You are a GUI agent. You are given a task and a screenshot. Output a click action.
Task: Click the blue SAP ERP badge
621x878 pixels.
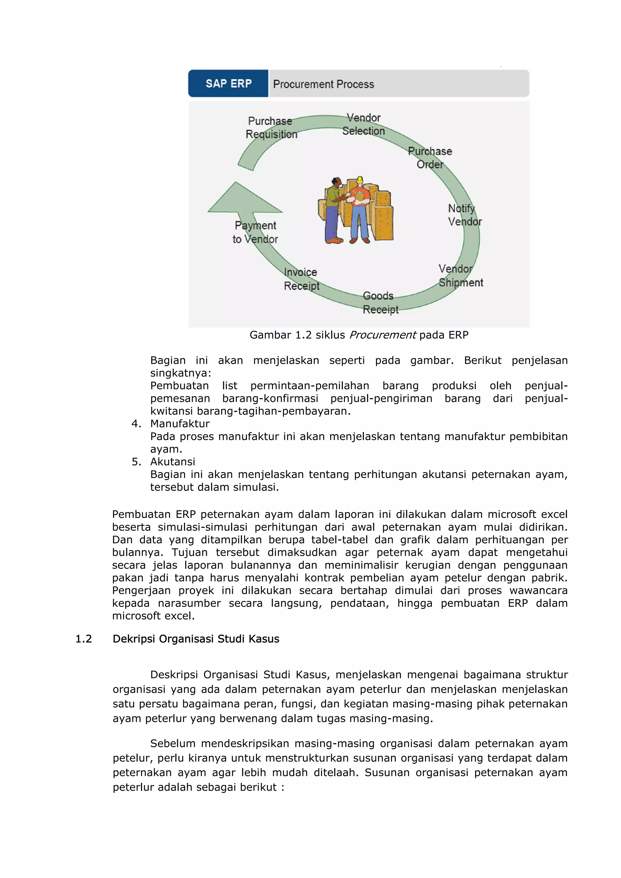coord(228,83)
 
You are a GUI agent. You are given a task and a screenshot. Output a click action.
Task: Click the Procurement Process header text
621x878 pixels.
coord(324,84)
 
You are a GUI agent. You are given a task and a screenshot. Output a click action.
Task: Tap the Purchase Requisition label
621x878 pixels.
coord(271,128)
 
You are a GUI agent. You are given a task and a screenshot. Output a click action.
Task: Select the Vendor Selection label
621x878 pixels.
coord(363,124)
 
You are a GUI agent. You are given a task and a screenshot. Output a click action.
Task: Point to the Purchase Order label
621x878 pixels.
coord(430,158)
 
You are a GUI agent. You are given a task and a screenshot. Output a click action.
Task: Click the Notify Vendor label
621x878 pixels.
coord(465,215)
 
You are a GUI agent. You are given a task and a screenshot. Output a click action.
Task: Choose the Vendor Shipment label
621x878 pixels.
coord(460,276)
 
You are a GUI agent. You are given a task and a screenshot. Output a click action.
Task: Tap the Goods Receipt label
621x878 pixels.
coord(380,303)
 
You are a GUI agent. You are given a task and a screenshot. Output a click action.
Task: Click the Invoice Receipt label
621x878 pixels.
coord(301,279)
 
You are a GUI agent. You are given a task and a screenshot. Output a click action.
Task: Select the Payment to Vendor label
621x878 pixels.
coord(255,232)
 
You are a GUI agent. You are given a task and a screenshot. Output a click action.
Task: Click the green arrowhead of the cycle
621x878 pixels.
coord(241,201)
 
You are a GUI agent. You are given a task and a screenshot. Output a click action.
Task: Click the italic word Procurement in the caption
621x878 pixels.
coord(382,335)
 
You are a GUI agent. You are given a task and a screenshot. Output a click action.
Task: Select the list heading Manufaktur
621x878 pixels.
coord(180,424)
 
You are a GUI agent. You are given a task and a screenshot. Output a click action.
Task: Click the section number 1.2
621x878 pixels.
coord(84,639)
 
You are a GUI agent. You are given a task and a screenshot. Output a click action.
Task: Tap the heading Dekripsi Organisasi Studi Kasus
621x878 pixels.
coord(196,639)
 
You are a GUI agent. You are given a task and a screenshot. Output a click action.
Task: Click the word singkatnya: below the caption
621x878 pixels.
coord(180,373)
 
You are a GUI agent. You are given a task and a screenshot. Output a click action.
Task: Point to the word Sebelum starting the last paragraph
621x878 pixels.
coord(173,743)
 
